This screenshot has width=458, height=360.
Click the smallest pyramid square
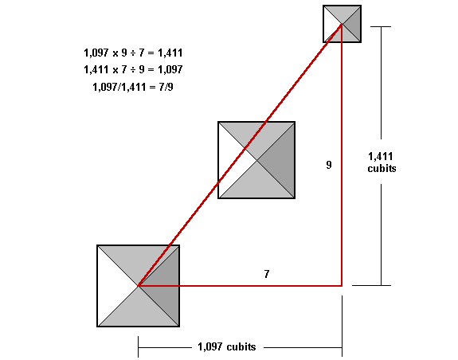(x=342, y=24)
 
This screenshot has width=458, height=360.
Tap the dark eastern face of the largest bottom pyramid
(x=166, y=286)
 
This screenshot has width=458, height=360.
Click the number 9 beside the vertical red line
(x=329, y=165)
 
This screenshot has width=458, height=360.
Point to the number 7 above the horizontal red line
(x=266, y=274)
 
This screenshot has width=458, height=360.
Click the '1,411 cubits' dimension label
(x=382, y=162)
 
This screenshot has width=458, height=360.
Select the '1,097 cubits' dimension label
(x=227, y=347)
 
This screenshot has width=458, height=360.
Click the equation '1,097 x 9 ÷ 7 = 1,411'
(x=133, y=53)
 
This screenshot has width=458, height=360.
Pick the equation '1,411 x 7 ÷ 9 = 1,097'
(x=133, y=69)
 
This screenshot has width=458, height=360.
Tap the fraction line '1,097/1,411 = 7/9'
(x=133, y=87)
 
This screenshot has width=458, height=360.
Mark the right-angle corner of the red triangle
(x=342, y=286)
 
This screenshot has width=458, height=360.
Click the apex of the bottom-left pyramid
(x=139, y=286)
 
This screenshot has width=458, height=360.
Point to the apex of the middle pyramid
(x=256, y=160)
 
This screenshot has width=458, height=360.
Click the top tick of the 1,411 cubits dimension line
(x=381, y=26)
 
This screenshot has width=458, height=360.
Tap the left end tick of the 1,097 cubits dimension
(x=138, y=347)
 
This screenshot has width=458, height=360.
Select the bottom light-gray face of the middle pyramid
(x=256, y=185)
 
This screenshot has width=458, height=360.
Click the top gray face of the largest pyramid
(x=139, y=260)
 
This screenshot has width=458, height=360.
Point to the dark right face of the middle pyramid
(x=281, y=160)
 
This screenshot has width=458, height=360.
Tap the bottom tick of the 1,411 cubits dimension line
(x=371, y=285)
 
